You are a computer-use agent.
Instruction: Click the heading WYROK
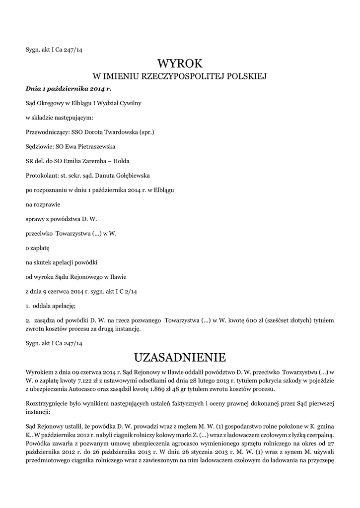point(180,63)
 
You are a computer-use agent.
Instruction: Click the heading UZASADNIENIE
point(180,357)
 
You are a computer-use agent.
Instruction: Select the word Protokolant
point(41,175)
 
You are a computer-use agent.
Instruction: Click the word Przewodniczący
point(46,132)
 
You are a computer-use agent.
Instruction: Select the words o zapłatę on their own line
point(38,247)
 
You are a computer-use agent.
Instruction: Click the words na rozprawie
point(43,204)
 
